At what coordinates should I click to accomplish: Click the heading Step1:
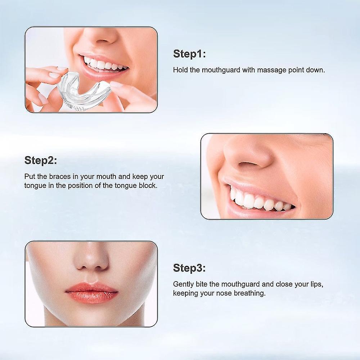click(x=189, y=54)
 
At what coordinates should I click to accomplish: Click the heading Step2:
click(x=41, y=161)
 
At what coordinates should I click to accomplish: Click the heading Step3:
click(x=189, y=268)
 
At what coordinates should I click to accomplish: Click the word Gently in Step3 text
click(x=184, y=284)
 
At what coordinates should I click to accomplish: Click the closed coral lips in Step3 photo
click(x=91, y=292)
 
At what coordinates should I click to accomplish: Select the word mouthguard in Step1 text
click(x=220, y=70)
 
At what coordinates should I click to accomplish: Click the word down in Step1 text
click(x=316, y=70)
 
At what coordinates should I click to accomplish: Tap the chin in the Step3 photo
click(x=91, y=319)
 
